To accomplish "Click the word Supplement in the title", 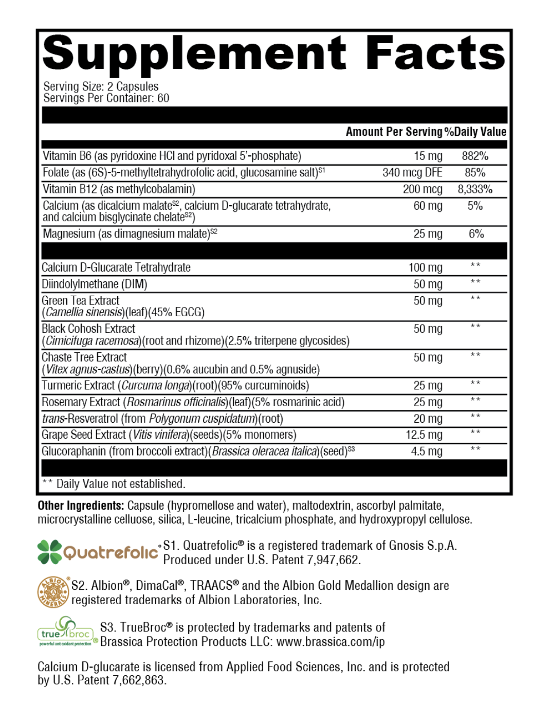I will click(x=194, y=54).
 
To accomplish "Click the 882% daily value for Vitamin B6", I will click(x=475, y=156).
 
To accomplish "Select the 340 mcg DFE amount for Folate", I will click(x=412, y=172).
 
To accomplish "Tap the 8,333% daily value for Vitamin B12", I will click(x=475, y=189).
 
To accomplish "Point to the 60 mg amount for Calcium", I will click(x=428, y=206).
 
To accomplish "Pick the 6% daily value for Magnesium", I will click(x=476, y=234).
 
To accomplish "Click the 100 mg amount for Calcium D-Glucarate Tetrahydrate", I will click(x=425, y=267).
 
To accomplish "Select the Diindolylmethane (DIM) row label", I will click(x=95, y=284).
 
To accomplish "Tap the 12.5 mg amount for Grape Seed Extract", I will click(x=424, y=435).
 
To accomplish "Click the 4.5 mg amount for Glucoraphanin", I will click(x=427, y=452).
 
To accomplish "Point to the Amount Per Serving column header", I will click(x=394, y=132).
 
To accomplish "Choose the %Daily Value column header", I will click(x=475, y=132).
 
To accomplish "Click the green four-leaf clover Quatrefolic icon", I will click(x=50, y=551).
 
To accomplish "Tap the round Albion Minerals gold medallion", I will click(x=53, y=592).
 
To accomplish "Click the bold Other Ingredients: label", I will click(x=81, y=506).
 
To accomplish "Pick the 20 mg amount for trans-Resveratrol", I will click(x=428, y=419).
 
